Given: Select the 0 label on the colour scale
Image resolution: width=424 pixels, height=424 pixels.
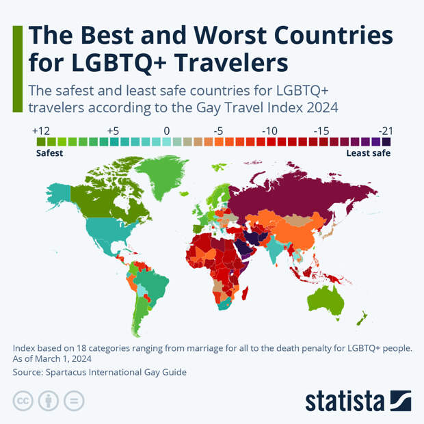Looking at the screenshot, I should pos(167,131).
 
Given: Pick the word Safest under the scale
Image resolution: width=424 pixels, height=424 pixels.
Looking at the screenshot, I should pos(49,153).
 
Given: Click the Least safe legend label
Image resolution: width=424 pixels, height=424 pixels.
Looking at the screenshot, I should pos(368,153).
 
